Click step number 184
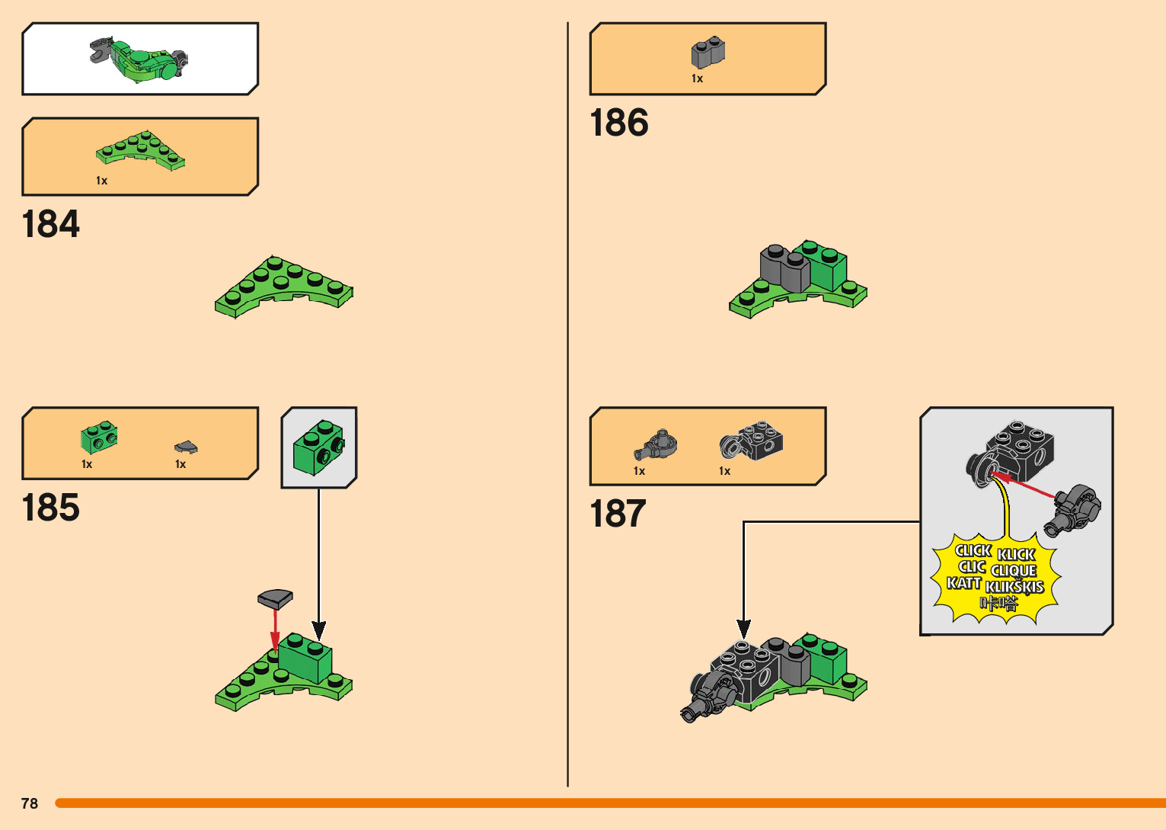point(51,225)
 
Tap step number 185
point(51,508)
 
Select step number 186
point(619,123)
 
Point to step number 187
point(618,514)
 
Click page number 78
point(30,803)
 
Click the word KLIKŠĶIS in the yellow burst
point(1014,587)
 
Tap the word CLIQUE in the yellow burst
point(1014,570)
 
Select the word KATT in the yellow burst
point(963,583)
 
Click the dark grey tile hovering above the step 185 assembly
point(275,598)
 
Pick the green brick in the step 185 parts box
point(99,437)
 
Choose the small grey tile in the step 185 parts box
point(185,447)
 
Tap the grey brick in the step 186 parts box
point(708,53)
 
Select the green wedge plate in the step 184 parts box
point(140,149)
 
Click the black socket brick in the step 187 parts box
point(752,441)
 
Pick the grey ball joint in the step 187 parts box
point(656,444)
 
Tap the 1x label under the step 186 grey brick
point(697,79)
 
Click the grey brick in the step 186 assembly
point(785,269)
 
